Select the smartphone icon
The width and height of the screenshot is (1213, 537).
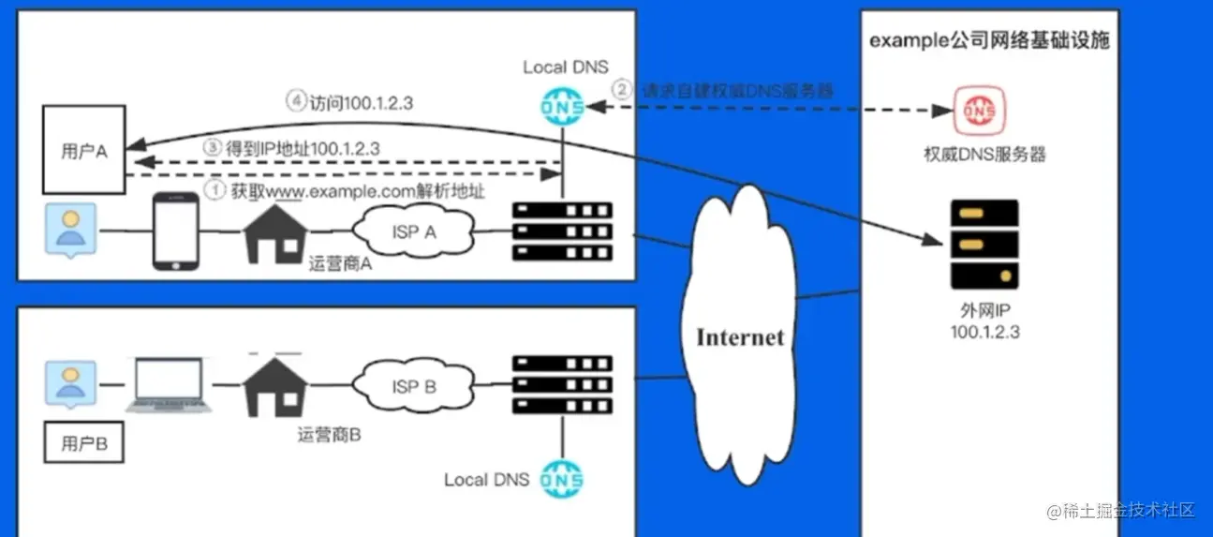[177, 231]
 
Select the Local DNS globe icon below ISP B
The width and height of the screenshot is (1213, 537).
[562, 480]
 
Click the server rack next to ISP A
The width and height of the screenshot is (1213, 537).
[562, 231]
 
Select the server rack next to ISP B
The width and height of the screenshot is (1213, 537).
[562, 384]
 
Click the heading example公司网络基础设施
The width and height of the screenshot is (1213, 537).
[989, 42]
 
